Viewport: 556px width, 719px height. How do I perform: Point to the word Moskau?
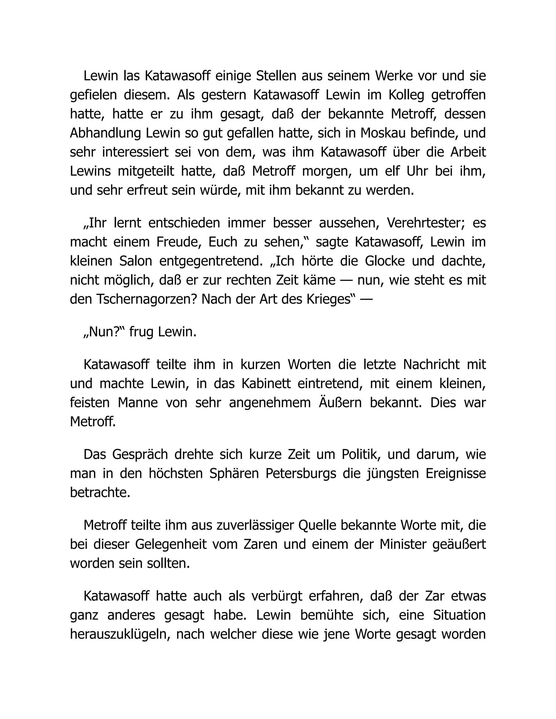coord(381,133)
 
